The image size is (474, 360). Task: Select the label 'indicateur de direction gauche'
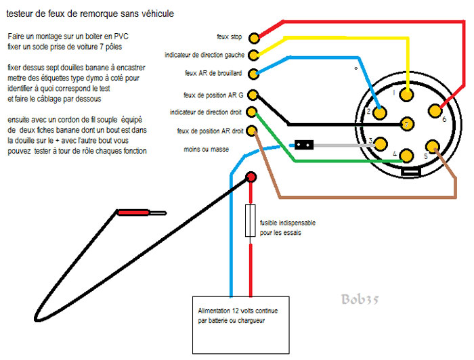pos(204,55)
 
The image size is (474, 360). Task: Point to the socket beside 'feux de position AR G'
pos(253,95)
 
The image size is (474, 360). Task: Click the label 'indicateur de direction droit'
pos(206,111)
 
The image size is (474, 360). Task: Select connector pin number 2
pos(380,110)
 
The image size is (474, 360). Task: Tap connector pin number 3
pos(381,144)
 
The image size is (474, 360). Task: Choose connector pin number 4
pos(406,155)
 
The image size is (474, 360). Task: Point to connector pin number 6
pos(433,110)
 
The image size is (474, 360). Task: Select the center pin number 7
pos(406,125)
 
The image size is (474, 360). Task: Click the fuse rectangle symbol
pos(251,222)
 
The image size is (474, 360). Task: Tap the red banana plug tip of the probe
pos(134,212)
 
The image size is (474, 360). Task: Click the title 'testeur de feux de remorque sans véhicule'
pos(87,13)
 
